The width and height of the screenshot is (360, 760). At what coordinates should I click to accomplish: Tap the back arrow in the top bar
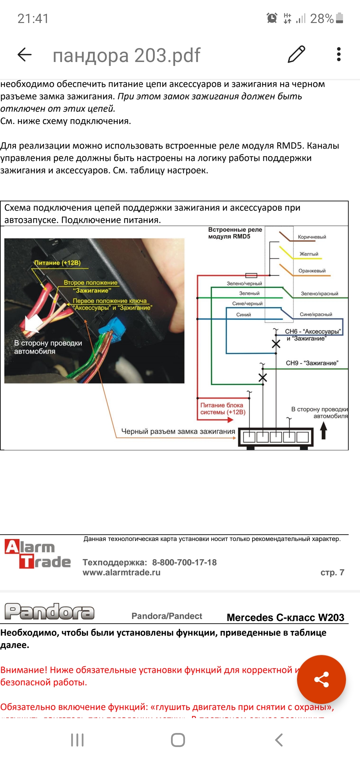coord(24,54)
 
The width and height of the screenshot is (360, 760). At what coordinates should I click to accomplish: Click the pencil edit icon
coord(296,54)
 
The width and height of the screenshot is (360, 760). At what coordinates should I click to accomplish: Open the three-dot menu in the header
coord(339,54)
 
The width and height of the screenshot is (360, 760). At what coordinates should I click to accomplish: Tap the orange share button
coord(321,679)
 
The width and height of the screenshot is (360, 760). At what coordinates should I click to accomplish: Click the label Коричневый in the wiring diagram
coord(312,237)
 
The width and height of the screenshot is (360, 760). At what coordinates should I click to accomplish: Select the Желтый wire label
coord(309,254)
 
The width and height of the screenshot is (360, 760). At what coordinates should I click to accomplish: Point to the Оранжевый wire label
coord(312,271)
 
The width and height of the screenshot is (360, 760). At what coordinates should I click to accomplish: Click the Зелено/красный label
coord(319,294)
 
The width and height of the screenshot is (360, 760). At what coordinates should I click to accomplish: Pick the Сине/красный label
coord(316,314)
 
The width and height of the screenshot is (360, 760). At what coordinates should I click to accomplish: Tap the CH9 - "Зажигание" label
coord(312,363)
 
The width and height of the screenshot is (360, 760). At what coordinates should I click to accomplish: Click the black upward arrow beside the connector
coord(323,430)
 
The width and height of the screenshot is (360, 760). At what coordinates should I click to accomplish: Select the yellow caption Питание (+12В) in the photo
coord(57,263)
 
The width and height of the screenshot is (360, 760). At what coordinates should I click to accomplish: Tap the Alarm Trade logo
coord(37,554)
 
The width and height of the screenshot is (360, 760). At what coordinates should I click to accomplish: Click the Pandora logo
coord(49,612)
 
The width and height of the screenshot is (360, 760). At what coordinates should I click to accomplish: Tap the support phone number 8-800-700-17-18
coord(184,563)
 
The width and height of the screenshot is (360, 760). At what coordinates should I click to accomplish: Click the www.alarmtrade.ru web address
coord(121,573)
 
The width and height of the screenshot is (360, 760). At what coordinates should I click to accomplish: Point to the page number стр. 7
coord(332,573)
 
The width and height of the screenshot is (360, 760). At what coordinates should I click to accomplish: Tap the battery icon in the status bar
coord(339,18)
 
